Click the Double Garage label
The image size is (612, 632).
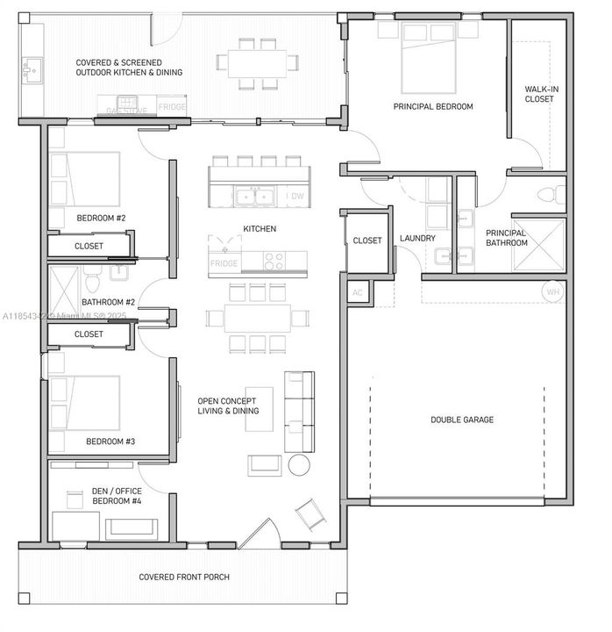point(461,420)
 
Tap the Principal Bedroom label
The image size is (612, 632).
point(432,106)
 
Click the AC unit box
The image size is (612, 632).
point(357,292)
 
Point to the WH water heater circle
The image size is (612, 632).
point(552,292)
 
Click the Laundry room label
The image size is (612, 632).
point(417,238)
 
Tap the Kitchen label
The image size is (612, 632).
point(260,229)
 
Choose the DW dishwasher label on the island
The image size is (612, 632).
point(295,197)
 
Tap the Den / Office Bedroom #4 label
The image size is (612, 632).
point(117,496)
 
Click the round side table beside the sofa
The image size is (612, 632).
point(300,464)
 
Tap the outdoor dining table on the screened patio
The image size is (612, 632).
point(258,63)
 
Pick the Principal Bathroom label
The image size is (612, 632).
point(506,238)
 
